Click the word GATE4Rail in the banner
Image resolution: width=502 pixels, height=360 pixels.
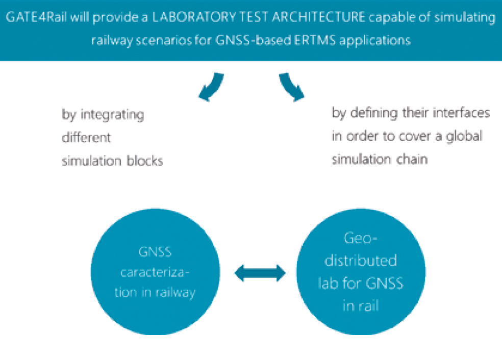coord(36,17)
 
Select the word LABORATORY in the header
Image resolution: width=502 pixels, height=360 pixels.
coord(194,17)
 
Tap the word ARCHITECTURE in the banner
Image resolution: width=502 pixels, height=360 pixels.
coord(318,17)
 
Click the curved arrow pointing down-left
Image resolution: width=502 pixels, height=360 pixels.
coord(211,86)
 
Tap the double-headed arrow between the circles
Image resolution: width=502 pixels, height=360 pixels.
coord(260,273)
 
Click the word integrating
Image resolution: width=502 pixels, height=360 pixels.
coord(112,115)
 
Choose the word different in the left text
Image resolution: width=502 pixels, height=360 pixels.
coord(86,138)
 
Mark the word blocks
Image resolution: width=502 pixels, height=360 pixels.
coord(145,161)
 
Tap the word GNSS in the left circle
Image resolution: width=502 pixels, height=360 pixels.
coord(155,252)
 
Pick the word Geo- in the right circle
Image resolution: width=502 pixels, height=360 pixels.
coord(361,238)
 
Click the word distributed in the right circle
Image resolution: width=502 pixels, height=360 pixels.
coord(361,261)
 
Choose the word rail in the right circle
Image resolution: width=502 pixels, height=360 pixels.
coord(370,306)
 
